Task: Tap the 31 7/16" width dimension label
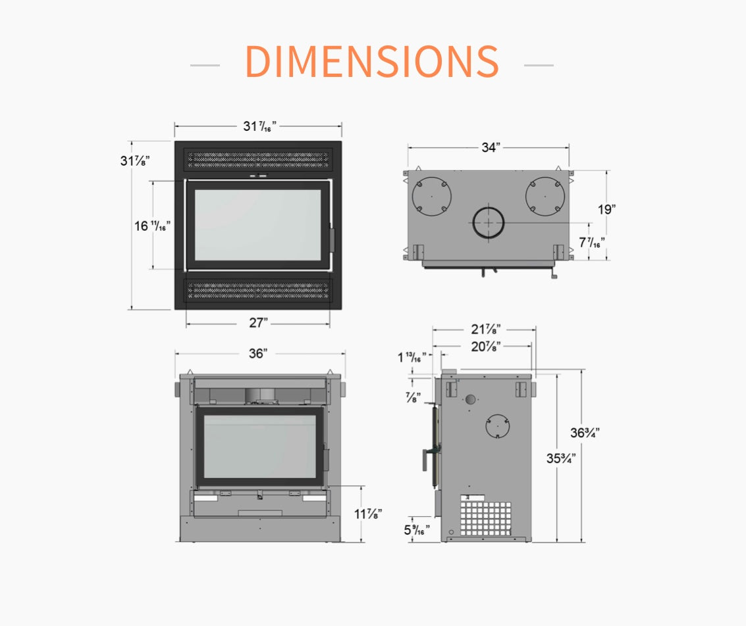pos(260,126)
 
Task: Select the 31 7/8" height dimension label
pos(135,160)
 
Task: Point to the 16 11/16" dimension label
pos(152,226)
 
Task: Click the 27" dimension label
pos(258,323)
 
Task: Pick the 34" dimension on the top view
pos(491,148)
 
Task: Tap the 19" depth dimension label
pos(606,210)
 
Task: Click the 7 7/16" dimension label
pos(592,242)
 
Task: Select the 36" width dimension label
pos(258,353)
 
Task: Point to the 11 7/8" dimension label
pos(368,514)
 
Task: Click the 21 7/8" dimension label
pos(486,329)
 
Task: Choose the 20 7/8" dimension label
pos(486,347)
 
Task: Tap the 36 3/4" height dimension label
pos(585,433)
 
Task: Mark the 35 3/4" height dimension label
pos(561,458)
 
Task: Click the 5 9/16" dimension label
pos(417,529)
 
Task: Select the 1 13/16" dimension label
pos(412,357)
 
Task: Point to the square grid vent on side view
pos(486,518)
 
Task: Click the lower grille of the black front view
pos(258,290)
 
